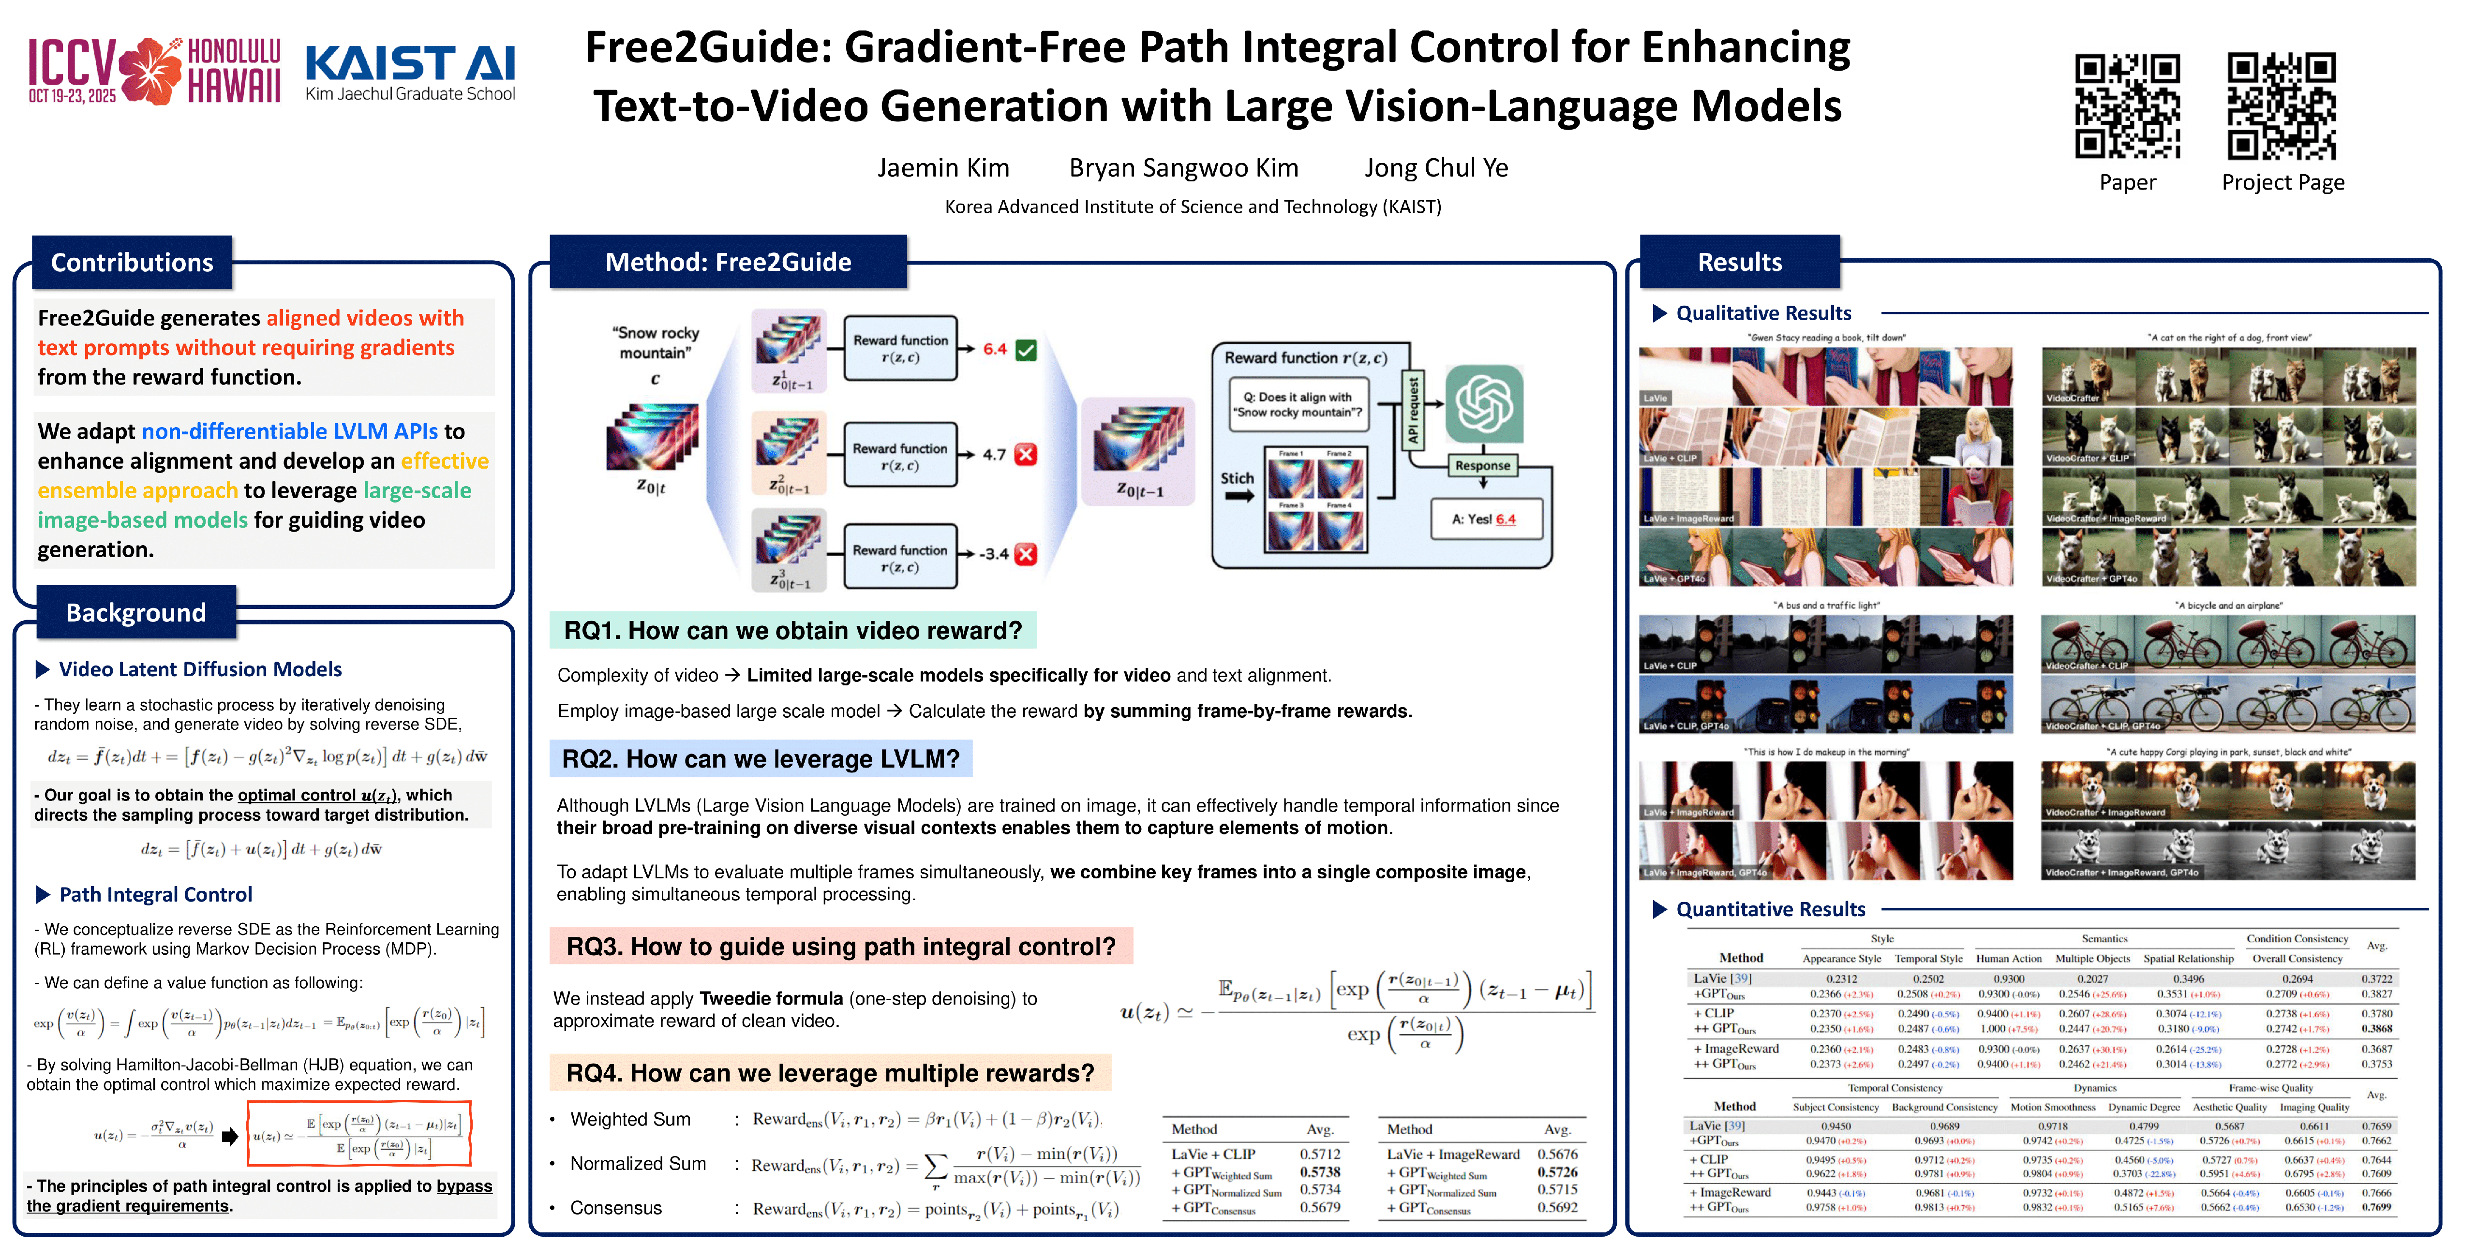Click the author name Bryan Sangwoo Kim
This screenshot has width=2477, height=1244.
pos(1184,168)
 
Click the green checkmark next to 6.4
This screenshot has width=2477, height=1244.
pos(1026,350)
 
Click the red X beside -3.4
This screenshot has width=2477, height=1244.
pos(1026,554)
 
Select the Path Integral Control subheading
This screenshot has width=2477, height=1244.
pos(156,894)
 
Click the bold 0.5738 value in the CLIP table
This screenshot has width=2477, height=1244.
pos(1319,1172)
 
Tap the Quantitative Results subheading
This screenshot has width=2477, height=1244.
pos(1770,909)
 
